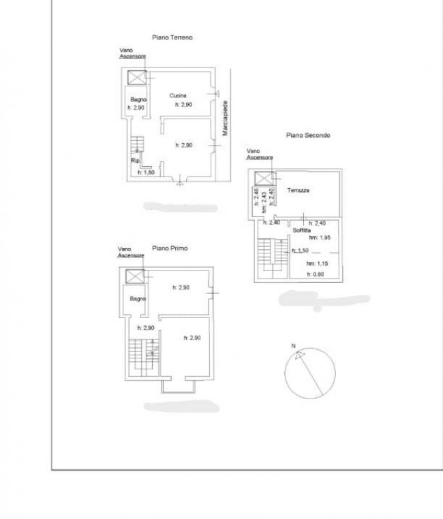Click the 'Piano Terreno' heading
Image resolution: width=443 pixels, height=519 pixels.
pyautogui.click(x=172, y=38)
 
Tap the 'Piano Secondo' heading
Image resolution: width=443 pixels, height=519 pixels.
pyautogui.click(x=307, y=135)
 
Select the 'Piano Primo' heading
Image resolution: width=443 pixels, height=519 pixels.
pyautogui.click(x=170, y=249)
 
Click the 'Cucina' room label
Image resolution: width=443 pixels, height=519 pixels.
pyautogui.click(x=179, y=95)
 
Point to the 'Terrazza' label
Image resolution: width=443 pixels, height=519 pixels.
pyautogui.click(x=298, y=191)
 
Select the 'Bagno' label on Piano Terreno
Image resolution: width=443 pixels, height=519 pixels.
pyautogui.click(x=139, y=100)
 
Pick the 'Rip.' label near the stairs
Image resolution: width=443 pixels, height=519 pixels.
pyautogui.click(x=135, y=161)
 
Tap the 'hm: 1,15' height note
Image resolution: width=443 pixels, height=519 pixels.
pyautogui.click(x=317, y=264)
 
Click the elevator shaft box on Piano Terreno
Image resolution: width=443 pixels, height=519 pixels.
pyautogui.click(x=136, y=76)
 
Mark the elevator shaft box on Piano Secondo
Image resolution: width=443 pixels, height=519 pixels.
pyautogui.click(x=263, y=178)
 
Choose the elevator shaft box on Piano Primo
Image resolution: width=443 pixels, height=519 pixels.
pyautogui.click(x=136, y=277)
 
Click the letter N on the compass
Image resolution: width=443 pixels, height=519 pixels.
pyautogui.click(x=294, y=347)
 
